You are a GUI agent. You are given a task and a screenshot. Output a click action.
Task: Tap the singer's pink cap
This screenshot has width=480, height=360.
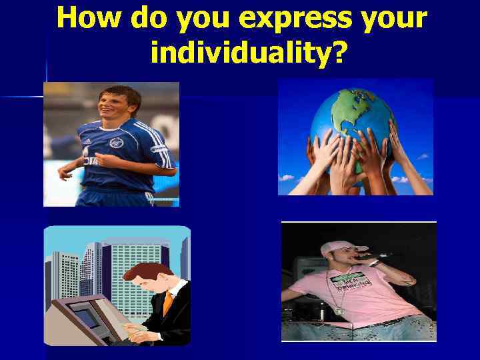tap(335, 248)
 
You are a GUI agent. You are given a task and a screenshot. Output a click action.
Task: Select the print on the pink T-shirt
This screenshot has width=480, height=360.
tap(351, 283)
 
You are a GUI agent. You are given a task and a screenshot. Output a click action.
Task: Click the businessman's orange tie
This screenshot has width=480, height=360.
tap(167, 303)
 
